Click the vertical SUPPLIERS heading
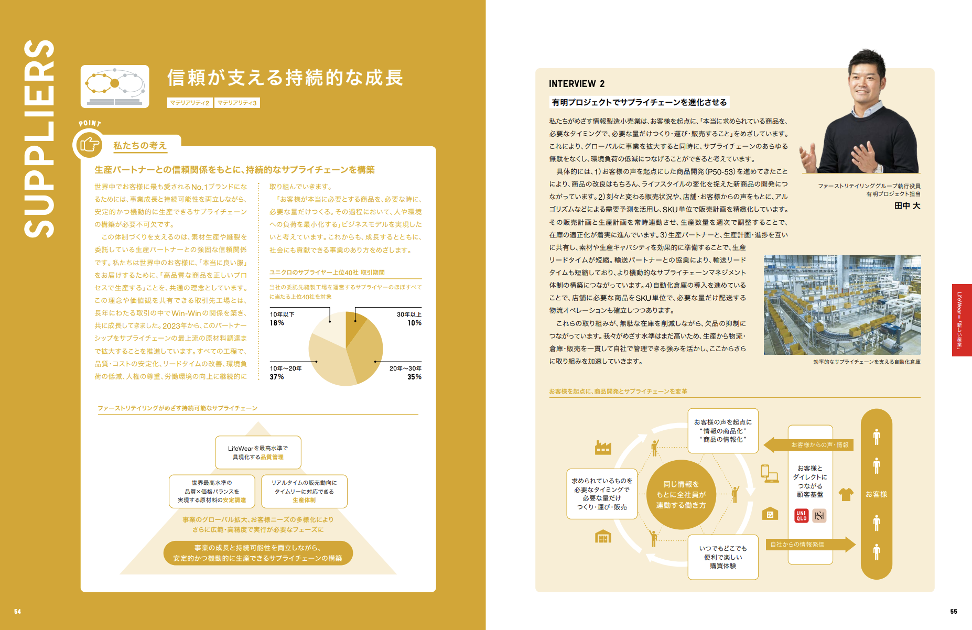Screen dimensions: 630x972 coord(39,139)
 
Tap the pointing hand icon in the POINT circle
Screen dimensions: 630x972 coord(89,144)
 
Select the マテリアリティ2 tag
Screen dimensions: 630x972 coord(190,103)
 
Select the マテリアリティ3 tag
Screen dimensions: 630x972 coord(237,103)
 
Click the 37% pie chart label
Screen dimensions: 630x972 coord(277,377)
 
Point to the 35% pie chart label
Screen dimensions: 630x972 coord(414,377)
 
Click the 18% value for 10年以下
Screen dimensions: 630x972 coord(277,323)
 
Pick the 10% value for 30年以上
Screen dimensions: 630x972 coord(414,323)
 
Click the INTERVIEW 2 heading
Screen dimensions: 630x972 coord(576,84)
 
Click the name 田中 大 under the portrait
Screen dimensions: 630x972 coord(907,206)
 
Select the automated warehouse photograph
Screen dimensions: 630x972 coord(842,305)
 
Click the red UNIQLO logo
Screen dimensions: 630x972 coord(801,516)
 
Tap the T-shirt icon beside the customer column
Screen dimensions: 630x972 coord(846,494)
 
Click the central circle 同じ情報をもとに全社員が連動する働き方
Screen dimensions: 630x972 coord(681,495)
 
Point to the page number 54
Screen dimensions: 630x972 coord(17,612)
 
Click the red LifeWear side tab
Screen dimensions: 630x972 coord(962,320)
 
